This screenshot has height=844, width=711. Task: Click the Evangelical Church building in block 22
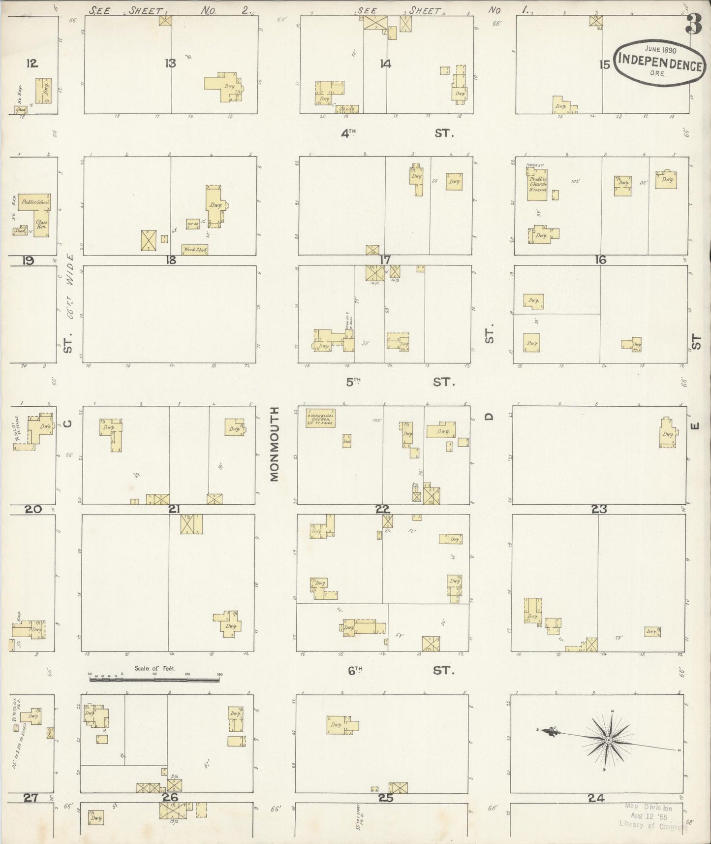[320, 418]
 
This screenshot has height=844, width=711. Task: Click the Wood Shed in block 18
[194, 250]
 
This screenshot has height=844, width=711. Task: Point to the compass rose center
[609, 740]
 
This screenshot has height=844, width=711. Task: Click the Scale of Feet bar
[155, 680]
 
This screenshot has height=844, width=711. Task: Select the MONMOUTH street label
[275, 444]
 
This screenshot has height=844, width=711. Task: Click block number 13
[170, 64]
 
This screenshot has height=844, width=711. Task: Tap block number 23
[599, 510]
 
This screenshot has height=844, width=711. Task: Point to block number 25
[385, 798]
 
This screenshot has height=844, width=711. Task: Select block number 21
[174, 510]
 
